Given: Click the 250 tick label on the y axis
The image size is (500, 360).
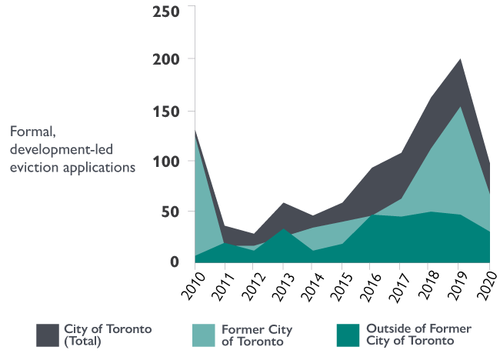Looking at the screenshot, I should click(x=165, y=12).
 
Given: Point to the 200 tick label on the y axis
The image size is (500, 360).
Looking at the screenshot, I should click(x=165, y=59).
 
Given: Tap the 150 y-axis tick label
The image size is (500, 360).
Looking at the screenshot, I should click(x=165, y=112).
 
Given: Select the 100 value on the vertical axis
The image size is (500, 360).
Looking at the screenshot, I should click(x=165, y=162).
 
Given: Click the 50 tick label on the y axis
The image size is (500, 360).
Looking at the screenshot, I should click(x=170, y=212).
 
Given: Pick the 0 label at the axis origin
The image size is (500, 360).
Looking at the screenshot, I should click(x=175, y=262).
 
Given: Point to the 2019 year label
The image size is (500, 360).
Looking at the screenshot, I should click(x=459, y=287).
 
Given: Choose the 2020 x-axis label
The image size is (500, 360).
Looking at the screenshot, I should click(x=486, y=287).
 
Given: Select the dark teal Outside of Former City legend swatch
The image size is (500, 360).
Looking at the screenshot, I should click(x=348, y=335).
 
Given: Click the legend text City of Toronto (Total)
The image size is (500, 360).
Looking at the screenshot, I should click(x=108, y=335).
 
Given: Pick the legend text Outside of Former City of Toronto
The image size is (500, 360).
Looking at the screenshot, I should click(x=419, y=335).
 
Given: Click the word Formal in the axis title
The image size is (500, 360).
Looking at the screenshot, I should click(x=29, y=132).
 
